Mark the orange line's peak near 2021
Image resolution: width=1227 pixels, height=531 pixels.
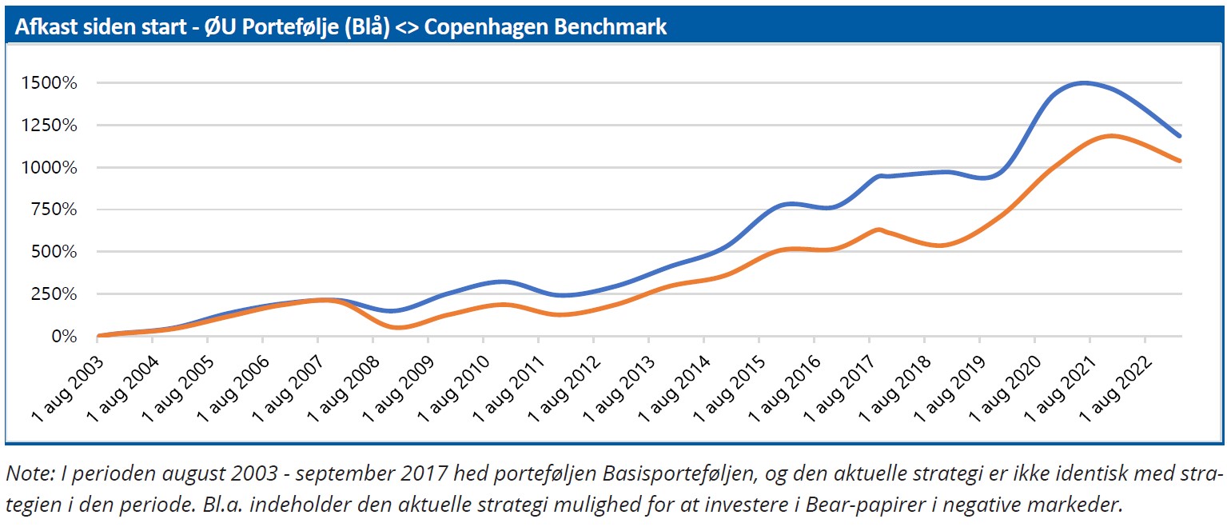pyautogui.click(x=1111, y=136)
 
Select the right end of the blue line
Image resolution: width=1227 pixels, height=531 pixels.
pyautogui.click(x=1179, y=136)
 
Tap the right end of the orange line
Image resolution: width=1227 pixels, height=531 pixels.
pyautogui.click(x=1179, y=161)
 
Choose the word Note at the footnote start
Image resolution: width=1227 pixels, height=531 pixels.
pyautogui.click(x=26, y=473)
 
